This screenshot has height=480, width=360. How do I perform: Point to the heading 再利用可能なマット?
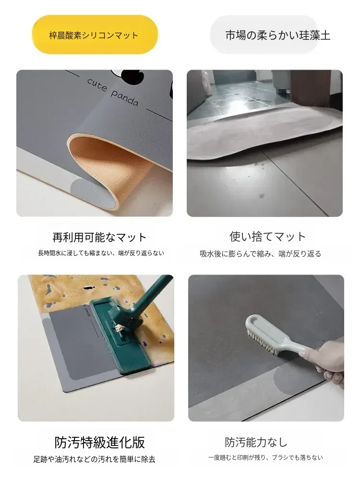99,237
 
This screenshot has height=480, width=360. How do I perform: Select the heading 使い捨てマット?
267,237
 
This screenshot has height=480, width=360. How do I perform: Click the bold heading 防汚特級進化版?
99,442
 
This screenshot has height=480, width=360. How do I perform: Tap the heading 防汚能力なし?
256,442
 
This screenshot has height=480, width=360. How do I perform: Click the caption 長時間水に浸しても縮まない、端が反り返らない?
101,253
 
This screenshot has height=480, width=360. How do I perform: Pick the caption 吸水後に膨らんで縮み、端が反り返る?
260,254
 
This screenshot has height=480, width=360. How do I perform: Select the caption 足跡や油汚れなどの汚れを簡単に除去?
94,459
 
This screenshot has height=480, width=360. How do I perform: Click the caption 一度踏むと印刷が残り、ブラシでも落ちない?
265,457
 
